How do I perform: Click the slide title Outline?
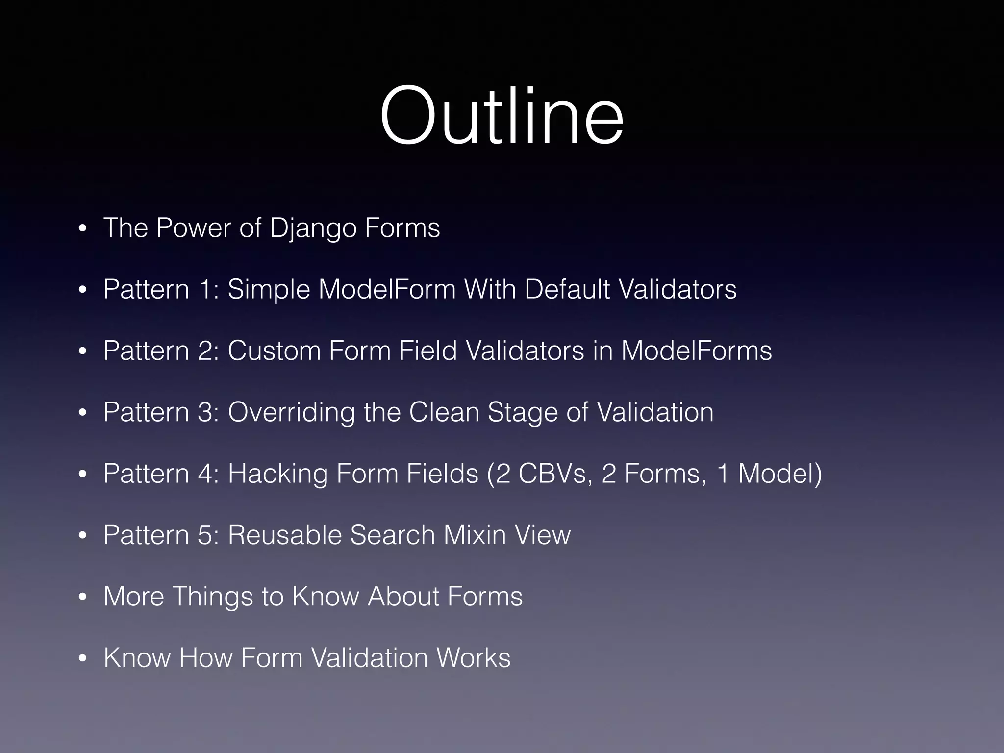point(502,116)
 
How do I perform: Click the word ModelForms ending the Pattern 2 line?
point(696,351)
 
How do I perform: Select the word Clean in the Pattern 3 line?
point(444,412)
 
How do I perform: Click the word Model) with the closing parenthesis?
point(780,474)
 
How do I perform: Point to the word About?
point(402,597)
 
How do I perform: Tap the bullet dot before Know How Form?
point(82,659)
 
